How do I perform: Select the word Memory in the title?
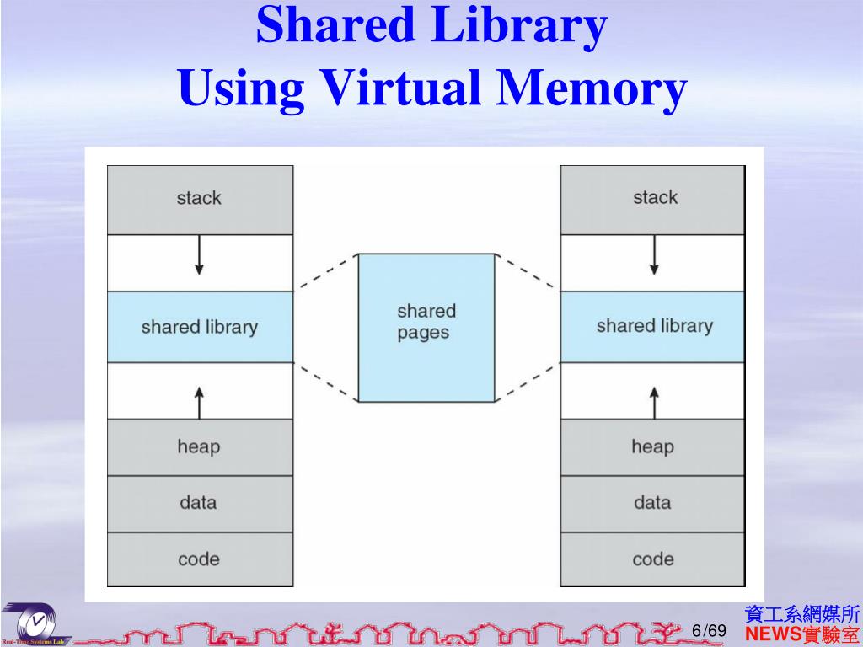(x=592, y=89)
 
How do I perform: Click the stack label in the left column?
(x=199, y=198)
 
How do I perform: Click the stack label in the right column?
(x=655, y=197)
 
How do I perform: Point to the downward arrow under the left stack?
(x=199, y=254)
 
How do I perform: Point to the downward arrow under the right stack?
(x=654, y=254)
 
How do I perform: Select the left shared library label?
(x=199, y=327)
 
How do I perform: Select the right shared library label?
(x=654, y=326)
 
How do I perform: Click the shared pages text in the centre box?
(x=426, y=322)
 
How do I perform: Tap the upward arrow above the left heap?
(x=199, y=402)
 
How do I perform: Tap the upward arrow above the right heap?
(x=654, y=402)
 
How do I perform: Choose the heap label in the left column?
(x=198, y=446)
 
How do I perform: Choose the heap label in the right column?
(x=652, y=446)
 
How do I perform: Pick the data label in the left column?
(x=198, y=503)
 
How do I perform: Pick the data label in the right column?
(x=652, y=503)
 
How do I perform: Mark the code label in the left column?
(x=199, y=559)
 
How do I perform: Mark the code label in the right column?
(x=653, y=559)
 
